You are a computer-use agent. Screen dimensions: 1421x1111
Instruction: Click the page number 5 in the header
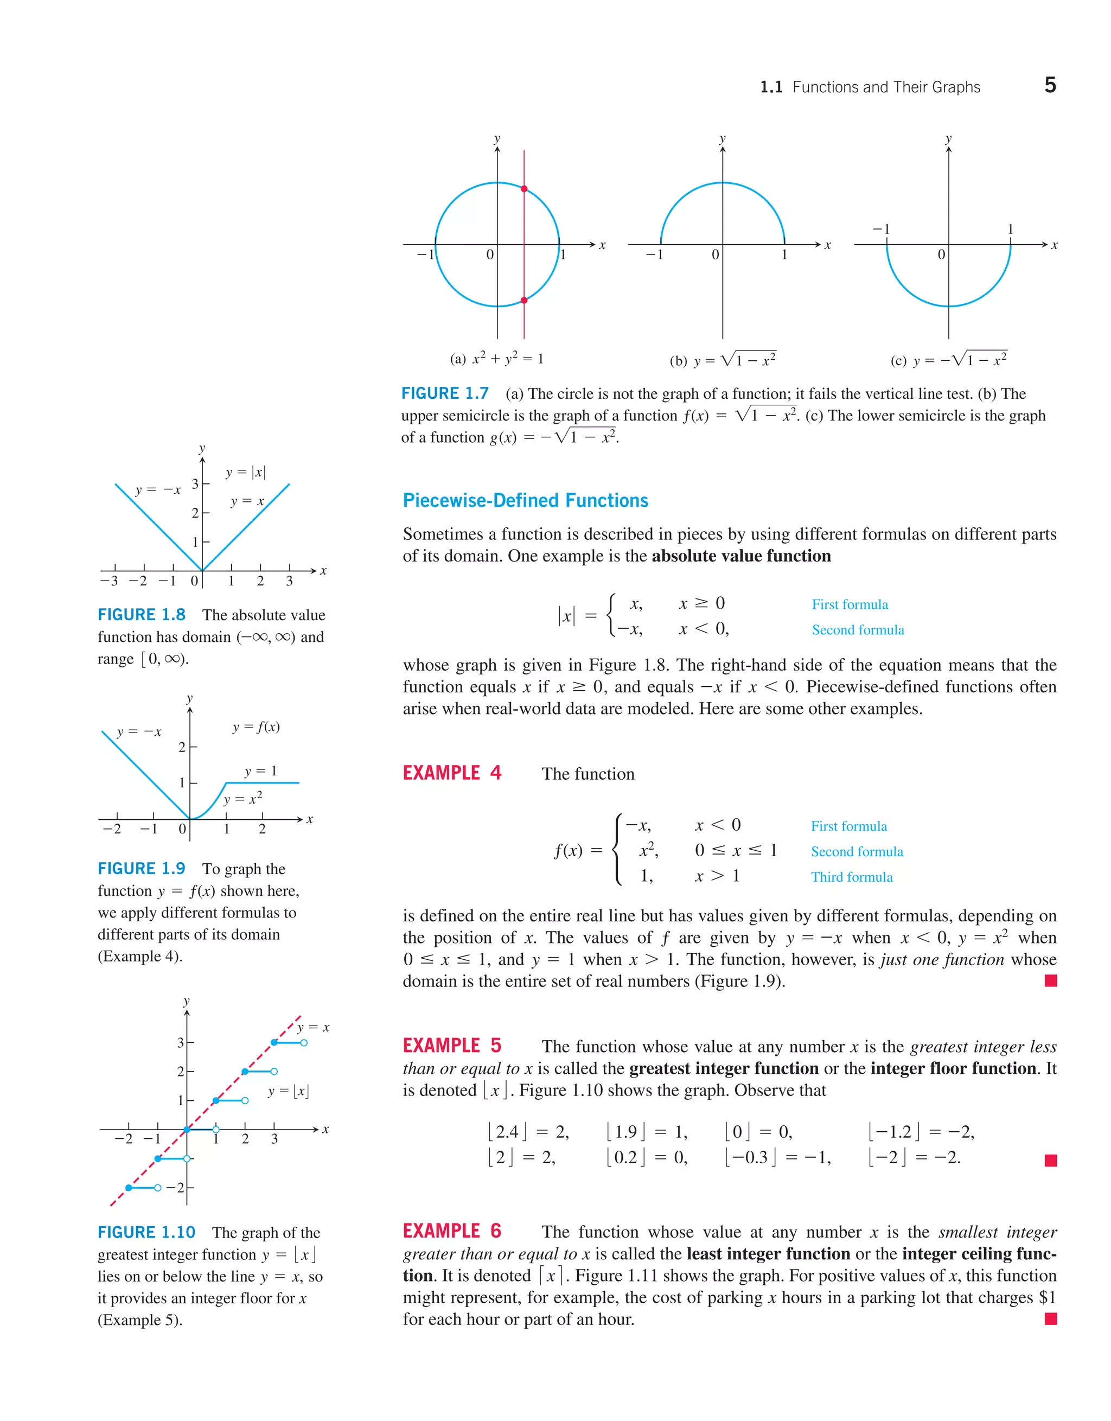(x=1050, y=85)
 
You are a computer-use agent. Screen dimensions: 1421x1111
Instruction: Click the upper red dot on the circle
(x=524, y=189)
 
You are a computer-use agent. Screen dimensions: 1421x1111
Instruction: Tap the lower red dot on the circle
(x=524, y=301)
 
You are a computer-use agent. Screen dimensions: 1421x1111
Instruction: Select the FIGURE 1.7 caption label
(x=445, y=394)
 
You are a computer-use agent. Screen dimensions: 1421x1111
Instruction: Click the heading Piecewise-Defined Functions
(x=526, y=500)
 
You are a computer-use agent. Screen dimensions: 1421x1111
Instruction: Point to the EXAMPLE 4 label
(x=452, y=773)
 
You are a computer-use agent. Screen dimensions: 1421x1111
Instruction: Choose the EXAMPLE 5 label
(x=452, y=1046)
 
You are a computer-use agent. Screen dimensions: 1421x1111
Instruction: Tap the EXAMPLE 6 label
(x=452, y=1231)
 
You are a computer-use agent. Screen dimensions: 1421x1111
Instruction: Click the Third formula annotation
(x=852, y=877)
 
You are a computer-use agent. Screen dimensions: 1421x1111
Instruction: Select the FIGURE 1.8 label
(x=142, y=615)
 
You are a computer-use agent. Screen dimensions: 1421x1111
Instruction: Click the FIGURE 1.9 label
(x=142, y=869)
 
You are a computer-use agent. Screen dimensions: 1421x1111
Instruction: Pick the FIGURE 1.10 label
(x=146, y=1232)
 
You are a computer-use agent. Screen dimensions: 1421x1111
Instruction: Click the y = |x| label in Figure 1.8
(x=246, y=473)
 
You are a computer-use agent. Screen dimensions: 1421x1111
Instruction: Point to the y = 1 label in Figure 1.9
(x=261, y=771)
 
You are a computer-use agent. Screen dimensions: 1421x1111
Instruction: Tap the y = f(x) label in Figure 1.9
(x=256, y=727)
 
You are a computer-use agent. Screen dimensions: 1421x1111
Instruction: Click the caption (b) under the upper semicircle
(x=723, y=360)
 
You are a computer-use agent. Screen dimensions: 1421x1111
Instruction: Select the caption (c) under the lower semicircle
(x=948, y=359)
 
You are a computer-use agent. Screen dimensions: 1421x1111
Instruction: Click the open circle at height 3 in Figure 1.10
(x=304, y=1043)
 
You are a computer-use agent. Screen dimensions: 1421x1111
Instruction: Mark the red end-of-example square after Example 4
(x=1050, y=980)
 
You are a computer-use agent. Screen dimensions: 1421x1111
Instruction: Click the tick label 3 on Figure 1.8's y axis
(x=195, y=484)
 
